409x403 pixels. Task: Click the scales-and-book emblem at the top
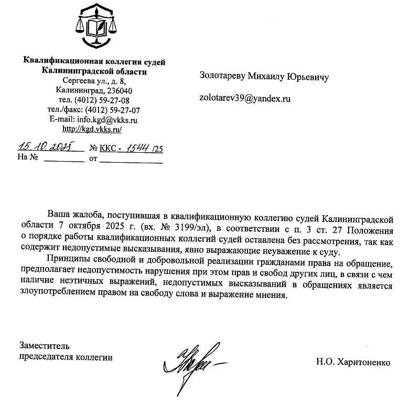pos(95,26)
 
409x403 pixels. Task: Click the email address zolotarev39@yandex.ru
pos(245,98)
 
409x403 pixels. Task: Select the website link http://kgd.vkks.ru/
pos(92,129)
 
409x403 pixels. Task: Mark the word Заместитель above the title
pos(44,346)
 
